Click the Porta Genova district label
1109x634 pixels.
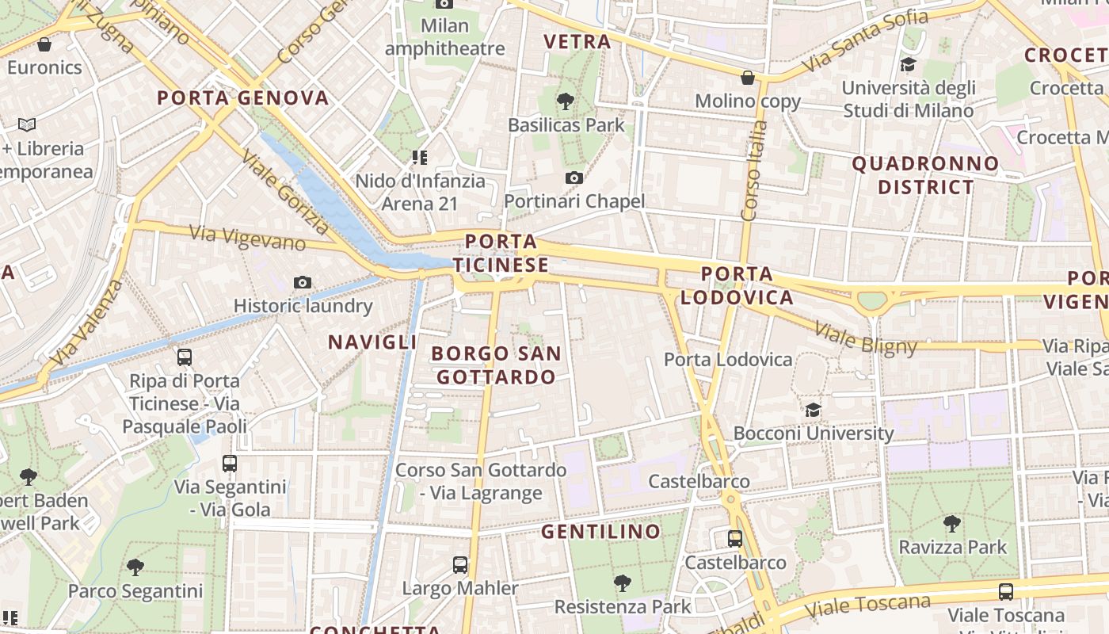(x=242, y=98)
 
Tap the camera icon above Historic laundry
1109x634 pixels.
(x=302, y=282)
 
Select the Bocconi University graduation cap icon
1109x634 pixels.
(x=813, y=410)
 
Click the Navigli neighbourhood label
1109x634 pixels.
(x=372, y=342)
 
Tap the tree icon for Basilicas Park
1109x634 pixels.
(x=566, y=101)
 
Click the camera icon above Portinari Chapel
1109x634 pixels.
(x=574, y=178)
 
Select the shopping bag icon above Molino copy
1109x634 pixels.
(x=747, y=78)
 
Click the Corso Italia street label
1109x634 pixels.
(x=750, y=170)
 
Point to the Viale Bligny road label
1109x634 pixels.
(x=865, y=338)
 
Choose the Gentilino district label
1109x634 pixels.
(x=600, y=531)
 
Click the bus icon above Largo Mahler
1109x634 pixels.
(x=460, y=565)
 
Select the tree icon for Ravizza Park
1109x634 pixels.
(x=951, y=523)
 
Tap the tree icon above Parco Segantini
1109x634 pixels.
(x=135, y=567)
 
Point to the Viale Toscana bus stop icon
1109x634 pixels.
(x=1005, y=591)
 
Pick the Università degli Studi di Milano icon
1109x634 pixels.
(x=908, y=64)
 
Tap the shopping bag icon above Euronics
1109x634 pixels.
(x=44, y=44)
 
